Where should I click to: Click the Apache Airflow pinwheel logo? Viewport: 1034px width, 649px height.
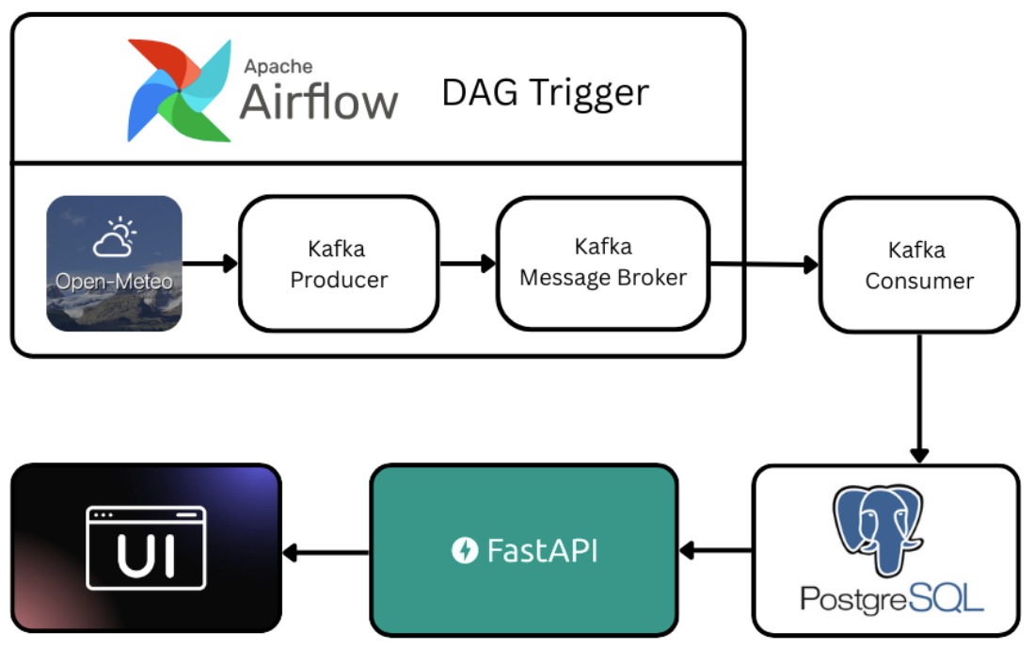pyautogui.click(x=180, y=90)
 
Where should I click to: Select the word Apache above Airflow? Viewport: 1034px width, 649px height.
pyautogui.click(x=278, y=66)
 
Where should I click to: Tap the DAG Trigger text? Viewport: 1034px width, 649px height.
pyautogui.click(x=545, y=93)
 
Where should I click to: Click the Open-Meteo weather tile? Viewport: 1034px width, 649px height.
pyautogui.click(x=114, y=264)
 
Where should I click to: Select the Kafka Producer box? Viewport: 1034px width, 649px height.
pyautogui.click(x=339, y=265)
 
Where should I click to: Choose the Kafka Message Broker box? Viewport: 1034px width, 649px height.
pyautogui.click(x=603, y=263)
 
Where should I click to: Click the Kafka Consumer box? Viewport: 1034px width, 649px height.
pyautogui.click(x=918, y=265)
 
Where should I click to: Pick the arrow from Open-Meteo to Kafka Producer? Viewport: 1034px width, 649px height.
pyautogui.click(x=210, y=264)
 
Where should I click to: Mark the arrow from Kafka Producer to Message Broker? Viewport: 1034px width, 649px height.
pyautogui.click(x=468, y=264)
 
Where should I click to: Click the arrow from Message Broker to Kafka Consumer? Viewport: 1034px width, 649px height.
pyautogui.click(x=764, y=265)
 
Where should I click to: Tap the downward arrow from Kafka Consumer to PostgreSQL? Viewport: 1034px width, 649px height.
pyautogui.click(x=918, y=397)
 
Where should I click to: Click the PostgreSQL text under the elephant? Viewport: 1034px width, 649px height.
pyautogui.click(x=891, y=597)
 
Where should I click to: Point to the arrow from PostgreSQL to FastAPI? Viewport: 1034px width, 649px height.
pyautogui.click(x=715, y=550)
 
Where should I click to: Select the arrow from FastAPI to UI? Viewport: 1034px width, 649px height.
pyautogui.click(x=326, y=552)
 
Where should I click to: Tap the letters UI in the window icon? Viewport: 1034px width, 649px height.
pyautogui.click(x=146, y=554)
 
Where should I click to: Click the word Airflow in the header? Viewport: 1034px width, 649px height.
pyautogui.click(x=318, y=101)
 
